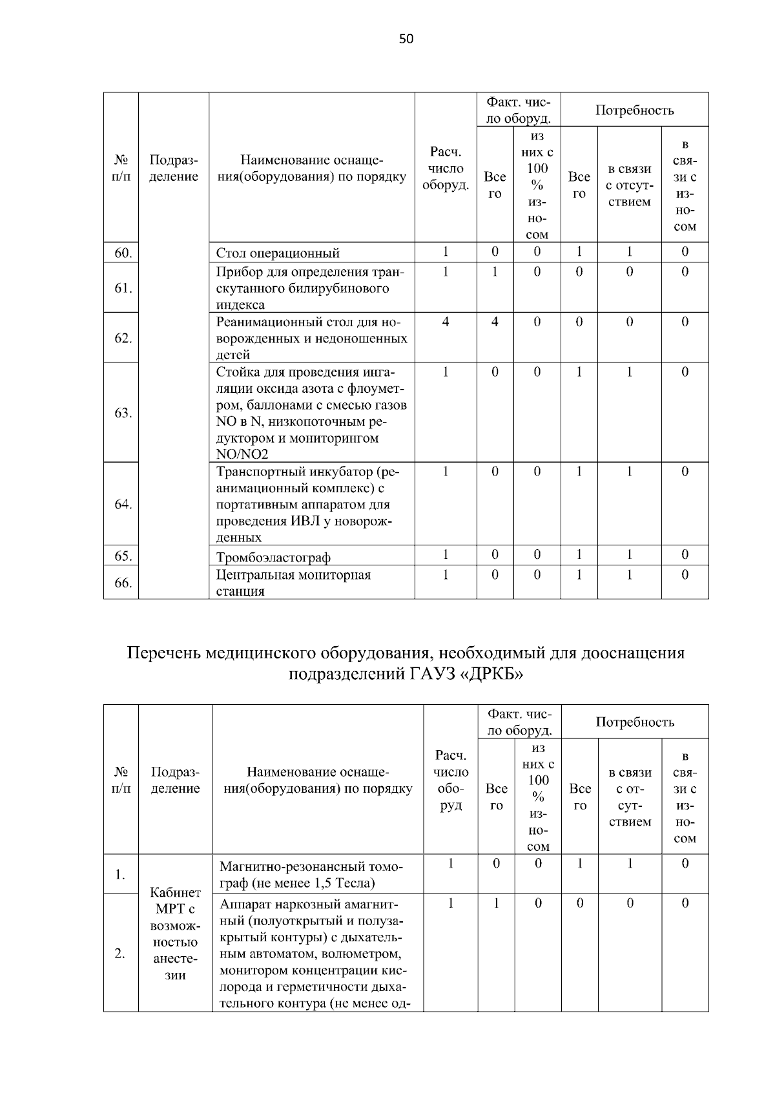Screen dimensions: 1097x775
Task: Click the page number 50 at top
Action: click(x=406, y=39)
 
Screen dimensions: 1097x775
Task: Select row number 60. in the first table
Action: click(x=123, y=253)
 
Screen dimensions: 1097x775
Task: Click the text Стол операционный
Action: click(x=278, y=253)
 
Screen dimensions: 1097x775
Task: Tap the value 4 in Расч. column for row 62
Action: click(x=446, y=322)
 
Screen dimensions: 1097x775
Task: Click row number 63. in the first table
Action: click(x=123, y=413)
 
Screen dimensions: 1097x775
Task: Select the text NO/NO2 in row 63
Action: click(x=242, y=455)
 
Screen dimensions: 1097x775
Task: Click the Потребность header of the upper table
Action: click(x=634, y=110)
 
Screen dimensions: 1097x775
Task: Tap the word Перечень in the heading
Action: click(x=164, y=653)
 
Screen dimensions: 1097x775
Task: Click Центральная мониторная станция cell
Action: click(x=294, y=583)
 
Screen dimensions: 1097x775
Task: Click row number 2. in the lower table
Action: click(x=120, y=953)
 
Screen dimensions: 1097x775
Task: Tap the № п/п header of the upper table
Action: click(x=121, y=168)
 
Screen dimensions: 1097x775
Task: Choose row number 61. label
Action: click(x=123, y=288)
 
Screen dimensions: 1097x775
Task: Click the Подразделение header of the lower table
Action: click(x=175, y=780)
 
